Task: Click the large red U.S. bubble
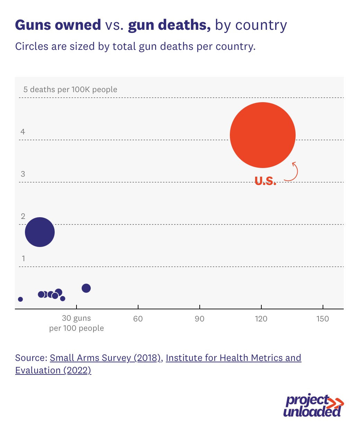click(x=262, y=135)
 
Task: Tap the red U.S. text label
click(x=265, y=180)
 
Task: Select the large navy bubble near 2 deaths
click(x=40, y=232)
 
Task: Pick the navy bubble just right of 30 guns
click(x=86, y=288)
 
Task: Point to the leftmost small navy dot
click(x=20, y=299)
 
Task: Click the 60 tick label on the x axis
click(x=138, y=319)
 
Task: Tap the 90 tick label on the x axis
click(x=199, y=319)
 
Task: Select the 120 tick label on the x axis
click(x=261, y=319)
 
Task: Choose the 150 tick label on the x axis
click(x=323, y=319)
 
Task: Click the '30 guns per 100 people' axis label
click(x=76, y=323)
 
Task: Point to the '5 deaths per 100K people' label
click(x=70, y=89)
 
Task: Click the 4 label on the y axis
click(x=23, y=132)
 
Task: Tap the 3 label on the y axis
click(x=23, y=174)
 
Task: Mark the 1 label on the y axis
click(x=23, y=258)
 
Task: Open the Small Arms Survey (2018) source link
click(x=105, y=357)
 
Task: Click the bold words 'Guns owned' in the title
click(x=58, y=25)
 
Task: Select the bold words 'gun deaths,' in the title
click(x=169, y=25)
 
